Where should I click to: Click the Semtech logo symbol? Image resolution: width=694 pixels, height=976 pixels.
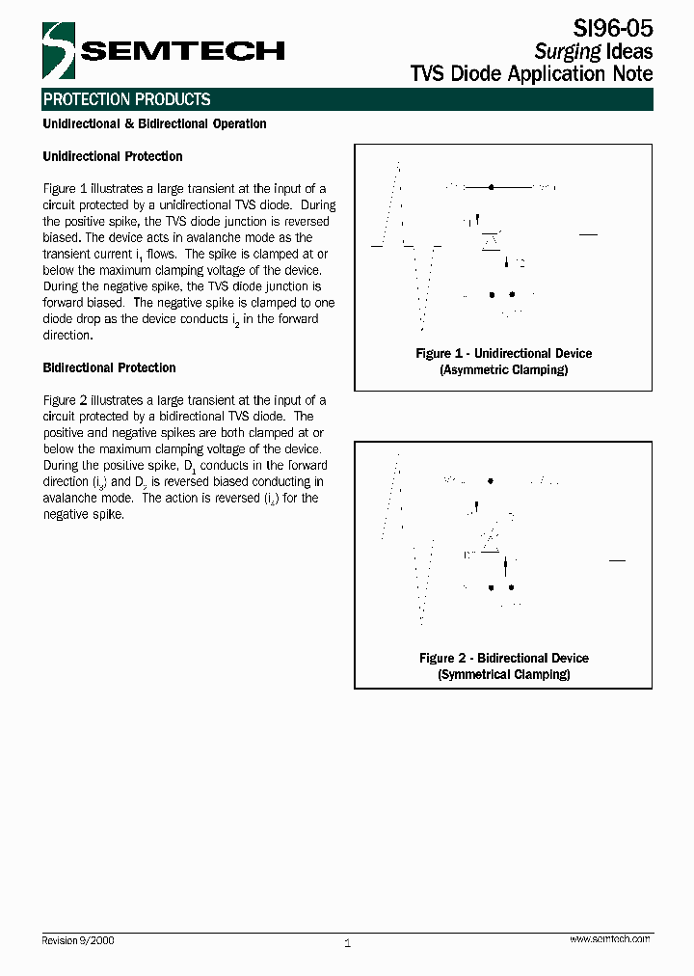tap(59, 50)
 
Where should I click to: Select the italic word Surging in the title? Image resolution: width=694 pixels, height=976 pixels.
tap(568, 51)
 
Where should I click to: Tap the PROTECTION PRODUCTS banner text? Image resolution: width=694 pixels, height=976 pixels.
tap(126, 99)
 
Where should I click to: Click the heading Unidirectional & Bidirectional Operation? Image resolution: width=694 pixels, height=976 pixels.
tap(154, 124)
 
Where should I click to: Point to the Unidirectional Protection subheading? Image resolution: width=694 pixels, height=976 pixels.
tap(113, 156)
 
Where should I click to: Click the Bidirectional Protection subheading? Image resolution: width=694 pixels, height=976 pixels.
tap(109, 367)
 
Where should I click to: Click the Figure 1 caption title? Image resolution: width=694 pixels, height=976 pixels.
tap(503, 354)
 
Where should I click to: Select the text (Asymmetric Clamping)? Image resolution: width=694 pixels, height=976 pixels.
tap(503, 370)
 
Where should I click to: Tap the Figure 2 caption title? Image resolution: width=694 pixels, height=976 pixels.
tap(503, 659)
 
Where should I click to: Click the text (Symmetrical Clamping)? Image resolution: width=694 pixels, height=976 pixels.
tap(503, 675)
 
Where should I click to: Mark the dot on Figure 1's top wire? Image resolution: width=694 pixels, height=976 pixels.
tap(492, 186)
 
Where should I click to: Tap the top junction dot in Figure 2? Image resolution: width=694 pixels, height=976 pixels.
tap(492, 480)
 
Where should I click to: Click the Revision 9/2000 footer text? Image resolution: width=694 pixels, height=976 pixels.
tap(78, 940)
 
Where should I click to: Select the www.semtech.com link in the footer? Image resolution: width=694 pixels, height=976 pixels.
tap(609, 938)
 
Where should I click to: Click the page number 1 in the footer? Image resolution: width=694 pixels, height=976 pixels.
tap(347, 943)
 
